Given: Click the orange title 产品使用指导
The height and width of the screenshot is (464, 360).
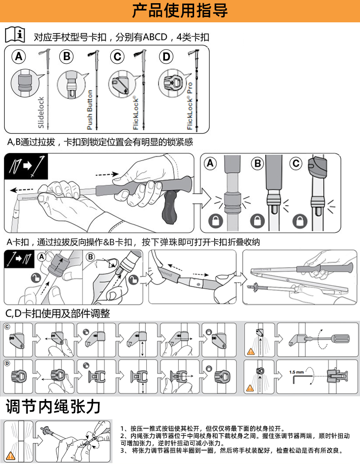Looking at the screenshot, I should pyautogui.click(x=180, y=10).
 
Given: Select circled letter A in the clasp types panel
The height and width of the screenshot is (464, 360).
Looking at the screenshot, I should pyautogui.click(x=19, y=57).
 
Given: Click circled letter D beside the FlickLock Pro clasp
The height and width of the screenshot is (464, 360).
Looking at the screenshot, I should pyautogui.click(x=166, y=57).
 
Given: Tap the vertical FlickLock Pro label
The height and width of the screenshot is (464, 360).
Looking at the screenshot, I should pyautogui.click(x=190, y=106).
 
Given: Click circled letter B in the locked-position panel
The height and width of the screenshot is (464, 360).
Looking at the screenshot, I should pyautogui.click(x=258, y=163).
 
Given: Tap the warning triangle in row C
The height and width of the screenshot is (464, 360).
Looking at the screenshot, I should pyautogui.click(x=250, y=351).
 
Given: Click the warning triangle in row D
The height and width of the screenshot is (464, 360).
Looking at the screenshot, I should pyautogui.click(x=250, y=388).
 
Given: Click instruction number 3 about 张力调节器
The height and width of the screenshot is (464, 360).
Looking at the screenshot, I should pyautogui.click(x=232, y=450).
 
